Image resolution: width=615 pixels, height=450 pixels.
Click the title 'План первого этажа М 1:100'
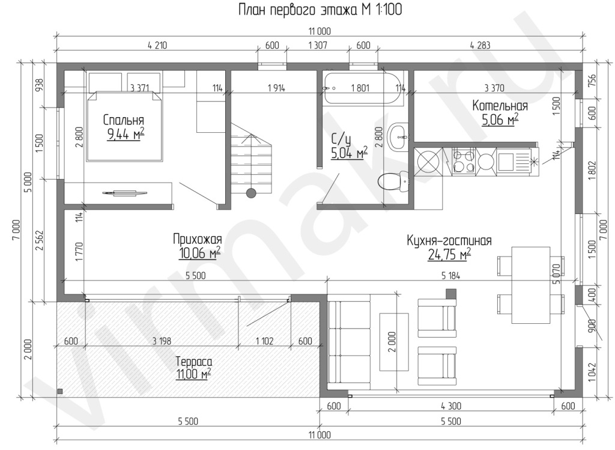pos(320,10)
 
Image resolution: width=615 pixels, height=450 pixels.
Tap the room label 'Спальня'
pos(124,120)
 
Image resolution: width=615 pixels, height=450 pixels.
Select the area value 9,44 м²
pos(126,134)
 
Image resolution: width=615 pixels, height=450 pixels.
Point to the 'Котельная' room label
pos(500,106)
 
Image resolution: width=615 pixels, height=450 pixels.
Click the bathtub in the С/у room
pos(363,88)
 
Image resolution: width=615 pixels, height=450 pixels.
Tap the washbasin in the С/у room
pos(399,136)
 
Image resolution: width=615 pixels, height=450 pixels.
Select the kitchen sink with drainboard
pos(515,161)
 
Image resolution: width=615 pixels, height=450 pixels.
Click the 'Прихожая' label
pos(197,239)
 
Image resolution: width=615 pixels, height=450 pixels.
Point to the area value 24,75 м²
pos(449,255)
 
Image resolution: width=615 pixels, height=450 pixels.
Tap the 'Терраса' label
pos(194,361)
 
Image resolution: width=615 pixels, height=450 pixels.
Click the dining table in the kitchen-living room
pos(531,285)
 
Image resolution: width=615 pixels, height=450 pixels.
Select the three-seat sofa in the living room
pos(349,342)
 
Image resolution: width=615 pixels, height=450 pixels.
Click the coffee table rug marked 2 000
pos(394,342)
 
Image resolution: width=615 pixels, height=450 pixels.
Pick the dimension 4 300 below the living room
pos(451,406)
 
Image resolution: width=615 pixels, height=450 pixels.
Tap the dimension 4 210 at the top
pos(157,46)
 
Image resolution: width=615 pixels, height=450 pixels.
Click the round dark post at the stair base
pos(250,193)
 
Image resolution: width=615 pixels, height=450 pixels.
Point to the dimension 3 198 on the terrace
pos(162,341)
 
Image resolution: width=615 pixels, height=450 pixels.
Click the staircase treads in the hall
pos(250,161)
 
